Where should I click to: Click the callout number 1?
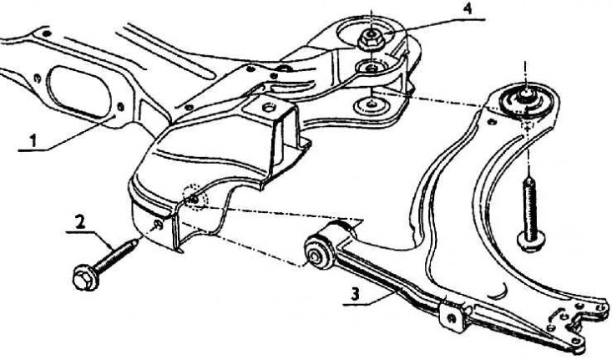33,140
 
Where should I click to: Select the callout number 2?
80,222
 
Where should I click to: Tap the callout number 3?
355,294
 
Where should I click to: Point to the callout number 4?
467,8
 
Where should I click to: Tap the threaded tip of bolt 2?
134,243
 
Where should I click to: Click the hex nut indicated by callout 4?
370,38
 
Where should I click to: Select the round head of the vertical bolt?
530,241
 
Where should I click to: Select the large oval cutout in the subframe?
79,91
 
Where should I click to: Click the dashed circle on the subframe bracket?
195,197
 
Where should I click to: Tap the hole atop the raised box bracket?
268,106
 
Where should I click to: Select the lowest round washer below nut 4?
369,105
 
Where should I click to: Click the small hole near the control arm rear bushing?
492,122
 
